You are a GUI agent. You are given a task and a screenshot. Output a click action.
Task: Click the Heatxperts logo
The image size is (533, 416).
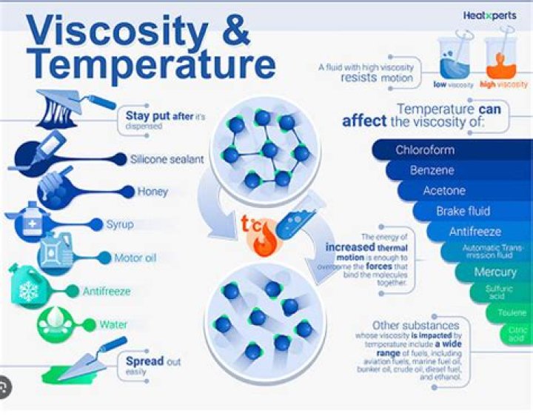point(489,15)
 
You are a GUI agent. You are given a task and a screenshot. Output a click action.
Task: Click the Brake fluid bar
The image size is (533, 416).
point(463,211)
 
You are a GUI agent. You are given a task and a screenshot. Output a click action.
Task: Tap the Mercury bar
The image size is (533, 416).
point(495,272)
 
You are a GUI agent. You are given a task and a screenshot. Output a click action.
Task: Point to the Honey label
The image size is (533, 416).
point(152,192)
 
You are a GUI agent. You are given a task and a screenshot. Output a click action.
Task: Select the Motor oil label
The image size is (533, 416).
point(134,258)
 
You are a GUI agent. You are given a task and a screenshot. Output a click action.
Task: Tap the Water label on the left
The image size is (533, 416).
point(113,324)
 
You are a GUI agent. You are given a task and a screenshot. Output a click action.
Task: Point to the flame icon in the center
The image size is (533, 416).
point(263,241)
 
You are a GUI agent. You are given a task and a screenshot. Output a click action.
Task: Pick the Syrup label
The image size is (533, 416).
point(119,224)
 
